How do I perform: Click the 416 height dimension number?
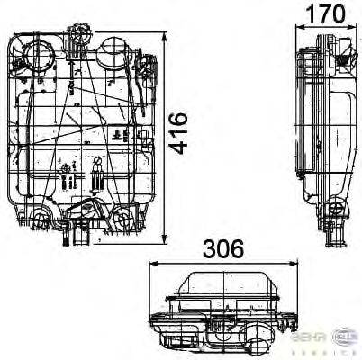click(179, 133)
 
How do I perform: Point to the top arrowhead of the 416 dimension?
click(165, 39)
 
